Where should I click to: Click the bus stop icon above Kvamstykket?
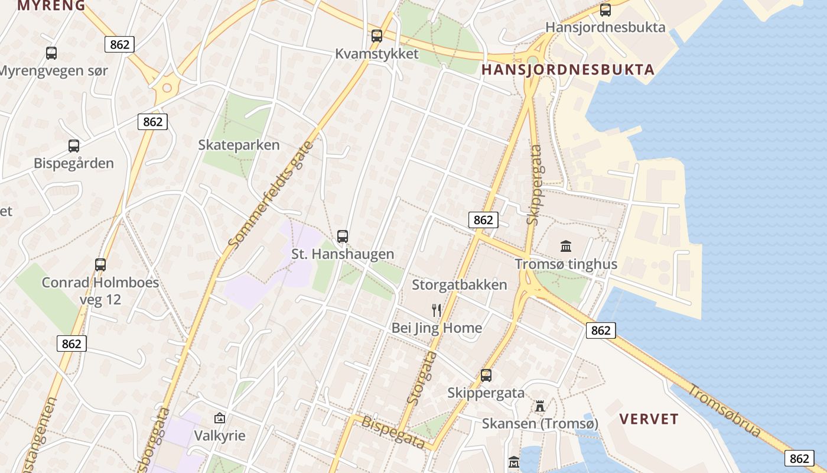[x=377, y=35]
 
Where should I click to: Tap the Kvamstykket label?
[x=376, y=54]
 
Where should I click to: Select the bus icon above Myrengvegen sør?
[x=51, y=53]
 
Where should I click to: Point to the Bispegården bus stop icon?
[x=74, y=145]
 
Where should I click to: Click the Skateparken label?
[x=239, y=145]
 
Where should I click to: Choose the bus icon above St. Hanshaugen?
[x=343, y=237]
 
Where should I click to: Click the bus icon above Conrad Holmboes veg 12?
[x=100, y=264]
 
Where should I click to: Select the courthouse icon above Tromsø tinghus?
[x=566, y=246]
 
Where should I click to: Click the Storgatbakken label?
[x=459, y=285]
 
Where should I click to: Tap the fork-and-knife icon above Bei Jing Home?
[x=437, y=310]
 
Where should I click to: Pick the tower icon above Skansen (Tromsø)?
[x=540, y=406]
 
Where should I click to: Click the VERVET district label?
[x=649, y=419]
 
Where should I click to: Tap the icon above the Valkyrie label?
[x=220, y=418]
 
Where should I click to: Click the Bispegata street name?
[x=393, y=432]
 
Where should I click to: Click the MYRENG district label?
[x=51, y=6]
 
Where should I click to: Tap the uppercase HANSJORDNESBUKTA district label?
[x=568, y=70]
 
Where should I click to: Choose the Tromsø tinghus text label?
[x=566, y=264]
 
